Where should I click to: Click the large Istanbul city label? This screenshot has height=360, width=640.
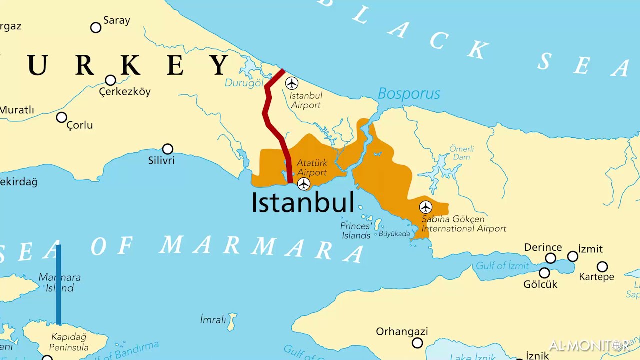click(302, 202)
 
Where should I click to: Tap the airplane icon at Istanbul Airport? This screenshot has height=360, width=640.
click(291, 83)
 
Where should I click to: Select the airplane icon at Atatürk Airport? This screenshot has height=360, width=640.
click(304, 184)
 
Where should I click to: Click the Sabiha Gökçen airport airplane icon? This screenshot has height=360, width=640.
click(426, 207)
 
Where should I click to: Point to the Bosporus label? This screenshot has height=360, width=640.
click(409, 94)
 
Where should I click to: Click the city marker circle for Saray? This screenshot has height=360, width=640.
click(96, 27)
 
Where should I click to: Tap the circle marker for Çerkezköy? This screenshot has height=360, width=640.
click(110, 80)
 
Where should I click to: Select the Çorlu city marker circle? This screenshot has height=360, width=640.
click(61, 117)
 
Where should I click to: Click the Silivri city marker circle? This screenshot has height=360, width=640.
click(168, 149)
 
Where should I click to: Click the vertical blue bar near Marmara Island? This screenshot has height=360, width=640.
click(58, 285)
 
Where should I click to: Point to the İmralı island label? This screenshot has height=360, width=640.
click(213, 320)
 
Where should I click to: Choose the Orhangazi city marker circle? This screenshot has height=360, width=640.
click(417, 343)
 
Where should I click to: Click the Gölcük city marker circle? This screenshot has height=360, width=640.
click(544, 273)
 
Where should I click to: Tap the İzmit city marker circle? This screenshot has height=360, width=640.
click(573, 257)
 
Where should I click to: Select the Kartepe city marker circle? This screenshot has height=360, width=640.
click(602, 267)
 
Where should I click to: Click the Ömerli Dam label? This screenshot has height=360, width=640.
click(461, 153)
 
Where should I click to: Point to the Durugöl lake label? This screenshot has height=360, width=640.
click(243, 83)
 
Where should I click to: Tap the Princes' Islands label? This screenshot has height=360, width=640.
click(356, 230)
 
